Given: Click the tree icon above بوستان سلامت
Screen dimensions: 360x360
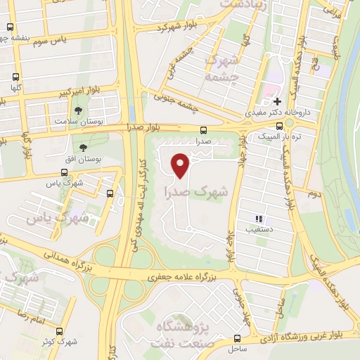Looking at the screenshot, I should point(77,110).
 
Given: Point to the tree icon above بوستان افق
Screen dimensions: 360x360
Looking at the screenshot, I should point(84,148).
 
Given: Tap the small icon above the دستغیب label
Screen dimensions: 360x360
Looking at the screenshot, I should point(259,219).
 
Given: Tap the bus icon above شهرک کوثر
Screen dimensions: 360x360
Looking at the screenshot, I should point(60,330).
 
